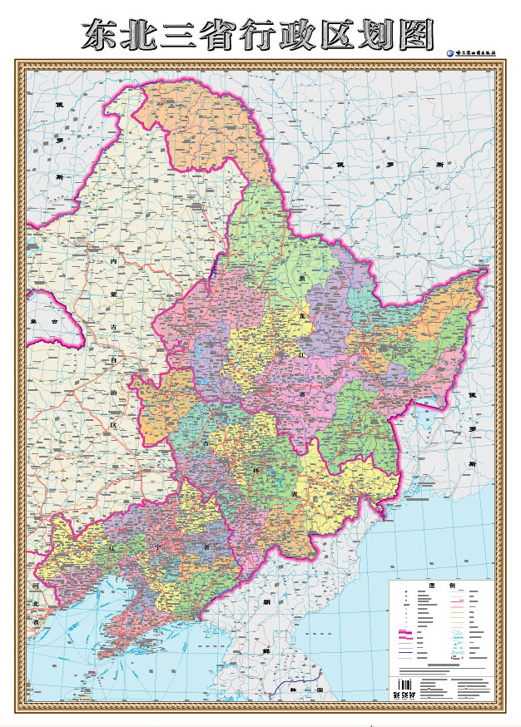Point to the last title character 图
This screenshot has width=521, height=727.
click(416, 35)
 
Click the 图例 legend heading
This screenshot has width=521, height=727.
click(443, 586)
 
